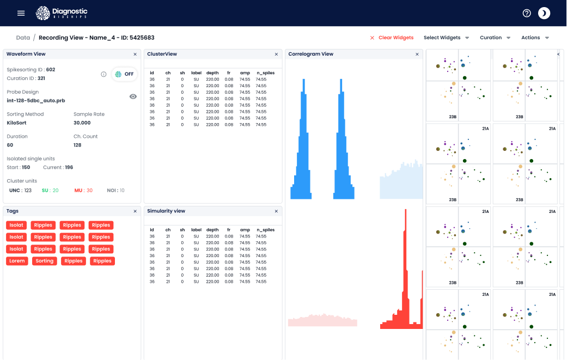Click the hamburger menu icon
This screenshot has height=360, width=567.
[21, 13]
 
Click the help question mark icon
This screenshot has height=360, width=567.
[527, 13]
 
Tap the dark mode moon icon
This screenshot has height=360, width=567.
[544, 13]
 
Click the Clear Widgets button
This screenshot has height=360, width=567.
[392, 38]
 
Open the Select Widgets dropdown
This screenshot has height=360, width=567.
[446, 38]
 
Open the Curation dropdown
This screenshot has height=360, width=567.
[495, 38]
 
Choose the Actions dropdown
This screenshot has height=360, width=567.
[535, 38]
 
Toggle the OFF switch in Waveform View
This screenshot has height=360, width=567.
[125, 74]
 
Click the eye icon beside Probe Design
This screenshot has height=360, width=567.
[133, 96]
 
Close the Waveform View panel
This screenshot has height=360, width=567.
[135, 54]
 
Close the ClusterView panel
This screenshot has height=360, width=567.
[276, 54]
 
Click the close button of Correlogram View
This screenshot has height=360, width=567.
[417, 54]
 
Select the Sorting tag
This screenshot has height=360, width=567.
[45, 261]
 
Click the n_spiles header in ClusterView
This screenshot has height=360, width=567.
[265, 72]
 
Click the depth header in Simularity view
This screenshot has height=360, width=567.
[212, 230]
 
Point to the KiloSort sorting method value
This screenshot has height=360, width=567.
[17, 123]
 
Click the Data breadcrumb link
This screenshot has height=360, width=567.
[23, 38]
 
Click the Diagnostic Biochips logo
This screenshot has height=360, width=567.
[62, 13]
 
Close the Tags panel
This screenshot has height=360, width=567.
[135, 211]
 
